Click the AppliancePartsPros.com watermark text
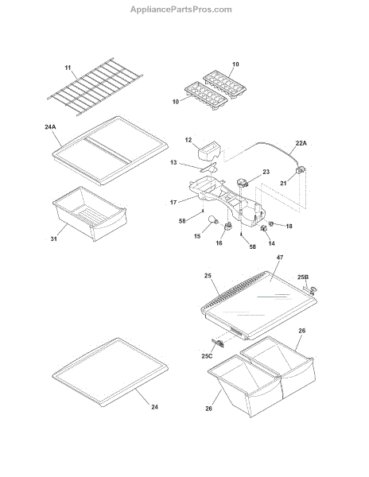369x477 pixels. [181, 10]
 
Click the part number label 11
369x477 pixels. [68, 68]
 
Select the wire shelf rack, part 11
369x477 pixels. [95, 87]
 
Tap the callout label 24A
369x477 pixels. [50, 127]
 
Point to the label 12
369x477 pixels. [188, 140]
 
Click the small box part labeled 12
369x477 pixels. [209, 151]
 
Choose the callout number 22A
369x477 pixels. [301, 143]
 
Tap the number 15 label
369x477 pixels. [197, 236]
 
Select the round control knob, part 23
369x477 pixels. [243, 183]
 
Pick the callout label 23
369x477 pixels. [266, 172]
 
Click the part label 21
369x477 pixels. [283, 183]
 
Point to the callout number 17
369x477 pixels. [173, 202]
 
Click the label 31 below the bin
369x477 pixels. [53, 238]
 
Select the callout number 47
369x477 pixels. [280, 258]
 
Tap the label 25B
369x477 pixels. [303, 277]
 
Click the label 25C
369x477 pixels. [207, 356]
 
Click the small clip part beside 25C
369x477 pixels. [218, 343]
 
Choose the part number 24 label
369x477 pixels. [154, 407]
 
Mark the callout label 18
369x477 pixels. [289, 226]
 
